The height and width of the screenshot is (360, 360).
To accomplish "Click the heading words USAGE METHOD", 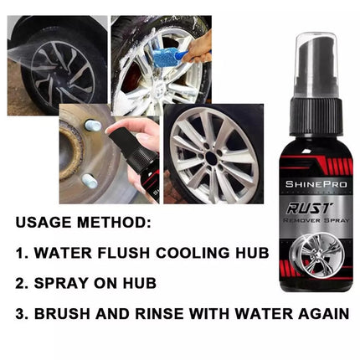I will coord(84,224).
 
